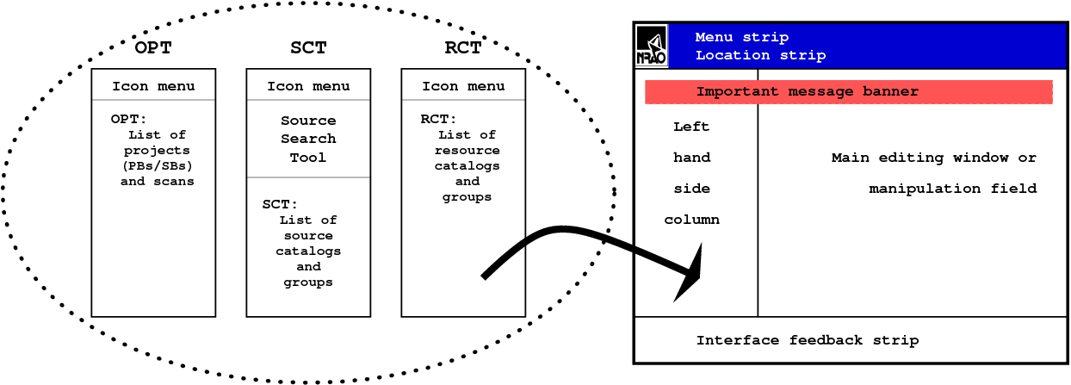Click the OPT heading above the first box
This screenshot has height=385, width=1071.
[x=153, y=48]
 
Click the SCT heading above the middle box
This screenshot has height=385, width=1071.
[x=308, y=48]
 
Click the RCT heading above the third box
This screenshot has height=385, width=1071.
[x=463, y=48]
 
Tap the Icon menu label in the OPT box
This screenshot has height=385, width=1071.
[x=153, y=86]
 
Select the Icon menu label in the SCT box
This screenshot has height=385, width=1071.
[x=308, y=86]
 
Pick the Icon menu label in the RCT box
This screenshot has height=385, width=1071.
[x=463, y=86]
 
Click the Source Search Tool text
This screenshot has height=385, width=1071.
[x=308, y=139]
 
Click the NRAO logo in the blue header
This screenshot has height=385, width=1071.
[x=652, y=46]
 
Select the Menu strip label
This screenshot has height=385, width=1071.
[x=741, y=37]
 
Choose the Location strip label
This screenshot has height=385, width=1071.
[x=760, y=55]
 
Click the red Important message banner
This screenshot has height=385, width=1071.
[x=848, y=92]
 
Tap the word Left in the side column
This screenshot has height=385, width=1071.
[x=691, y=127]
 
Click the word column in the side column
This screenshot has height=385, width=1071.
[x=691, y=220]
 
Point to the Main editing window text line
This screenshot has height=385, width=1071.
[x=934, y=158]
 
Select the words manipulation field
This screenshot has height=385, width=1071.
[x=952, y=189]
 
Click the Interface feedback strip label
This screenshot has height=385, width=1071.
[x=807, y=340]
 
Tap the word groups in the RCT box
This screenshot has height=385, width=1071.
[x=467, y=197]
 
